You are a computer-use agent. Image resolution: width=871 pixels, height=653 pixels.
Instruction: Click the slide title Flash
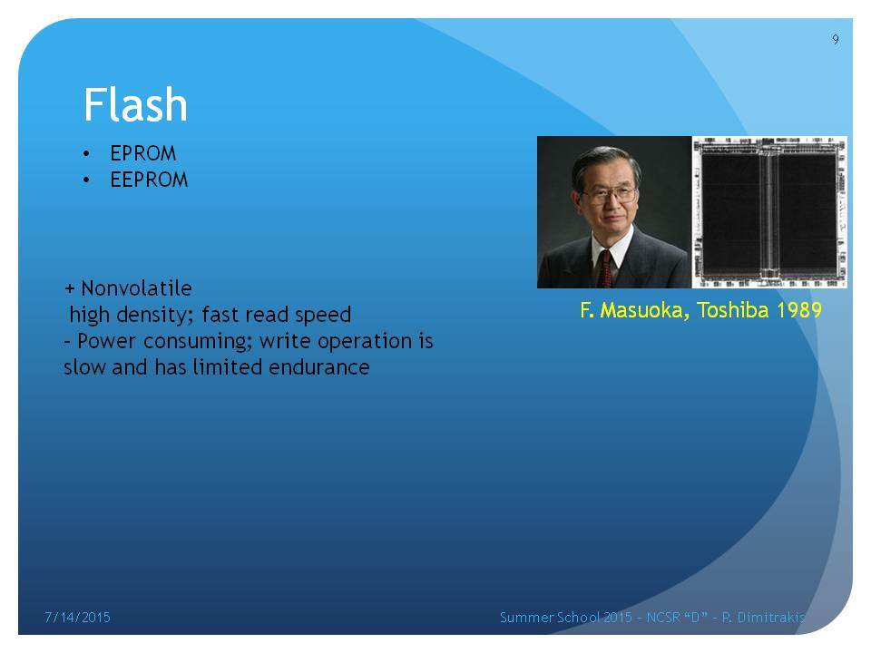tap(135, 104)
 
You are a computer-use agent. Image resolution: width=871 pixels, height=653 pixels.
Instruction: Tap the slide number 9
tap(836, 39)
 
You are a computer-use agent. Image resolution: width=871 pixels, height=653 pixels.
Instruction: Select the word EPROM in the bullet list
tap(142, 153)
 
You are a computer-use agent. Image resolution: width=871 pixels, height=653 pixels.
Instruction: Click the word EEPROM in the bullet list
tap(149, 180)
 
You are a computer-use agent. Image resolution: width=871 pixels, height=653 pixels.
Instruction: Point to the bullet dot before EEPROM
tap(86, 180)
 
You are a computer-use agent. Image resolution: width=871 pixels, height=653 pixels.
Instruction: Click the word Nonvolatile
tap(136, 288)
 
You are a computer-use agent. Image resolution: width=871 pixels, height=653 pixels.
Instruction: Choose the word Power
tap(106, 341)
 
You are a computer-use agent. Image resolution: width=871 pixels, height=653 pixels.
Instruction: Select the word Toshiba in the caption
tap(733, 310)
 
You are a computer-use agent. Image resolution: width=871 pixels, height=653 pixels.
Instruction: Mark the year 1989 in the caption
tap(798, 310)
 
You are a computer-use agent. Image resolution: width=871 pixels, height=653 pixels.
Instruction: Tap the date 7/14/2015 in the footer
tap(77, 617)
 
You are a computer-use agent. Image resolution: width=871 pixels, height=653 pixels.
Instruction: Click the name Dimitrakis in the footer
tap(771, 617)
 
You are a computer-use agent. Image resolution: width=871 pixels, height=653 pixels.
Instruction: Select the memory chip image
tap(769, 212)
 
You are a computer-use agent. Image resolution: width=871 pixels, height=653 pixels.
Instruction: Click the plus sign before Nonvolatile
tap(70, 288)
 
